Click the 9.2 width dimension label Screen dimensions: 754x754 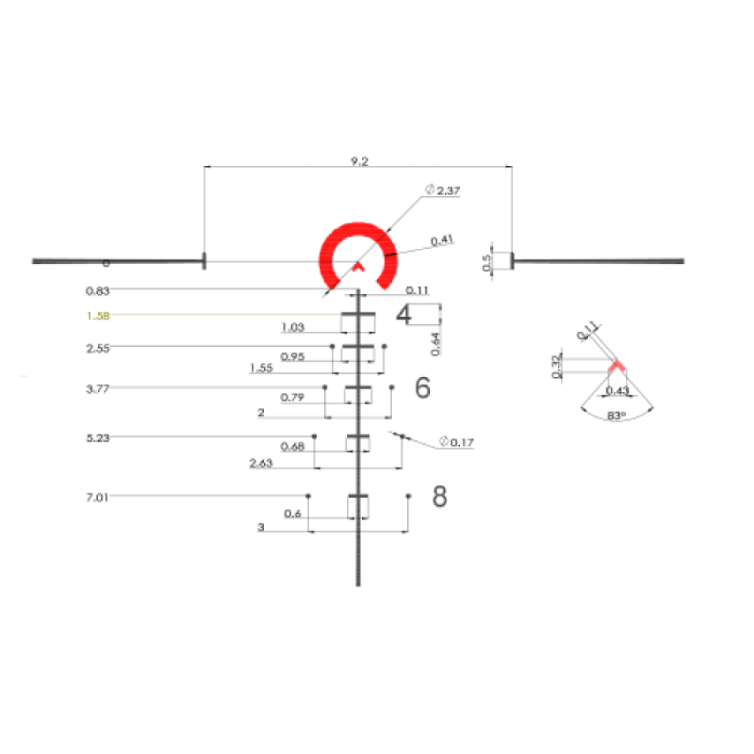click(360, 161)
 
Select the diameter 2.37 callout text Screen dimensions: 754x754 click(443, 191)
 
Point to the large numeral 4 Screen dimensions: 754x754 click(404, 314)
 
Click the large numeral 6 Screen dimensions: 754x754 click(422, 388)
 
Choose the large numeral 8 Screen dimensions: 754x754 click(440, 497)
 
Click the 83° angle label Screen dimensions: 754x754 click(617, 415)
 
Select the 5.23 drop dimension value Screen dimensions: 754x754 click(99, 437)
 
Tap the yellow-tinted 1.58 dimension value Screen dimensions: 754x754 click(99, 316)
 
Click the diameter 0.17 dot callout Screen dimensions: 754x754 click(457, 443)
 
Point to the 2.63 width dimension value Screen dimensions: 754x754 click(261, 464)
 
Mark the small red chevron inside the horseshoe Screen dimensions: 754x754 click(358, 265)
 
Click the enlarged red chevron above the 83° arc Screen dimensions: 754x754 click(617, 365)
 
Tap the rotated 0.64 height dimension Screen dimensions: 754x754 click(435, 344)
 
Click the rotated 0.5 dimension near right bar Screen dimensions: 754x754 click(486, 262)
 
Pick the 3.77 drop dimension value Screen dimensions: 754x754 click(99, 388)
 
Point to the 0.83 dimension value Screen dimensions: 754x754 click(99, 290)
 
